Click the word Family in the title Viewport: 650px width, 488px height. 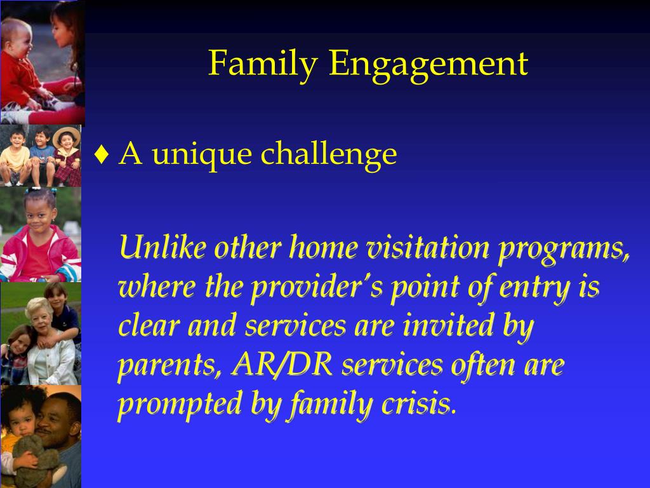pyautogui.click(x=263, y=64)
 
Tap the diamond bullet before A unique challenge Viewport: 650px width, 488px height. pyautogui.click(x=102, y=154)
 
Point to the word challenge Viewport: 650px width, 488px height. pyautogui.click(x=329, y=154)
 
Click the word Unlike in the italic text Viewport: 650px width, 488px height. pyautogui.click(x=162, y=247)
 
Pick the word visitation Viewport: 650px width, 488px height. pyautogui.click(x=428, y=247)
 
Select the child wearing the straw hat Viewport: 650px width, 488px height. pyautogui.click(x=67, y=156)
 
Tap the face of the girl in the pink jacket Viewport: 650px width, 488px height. pyautogui.click(x=40, y=217)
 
